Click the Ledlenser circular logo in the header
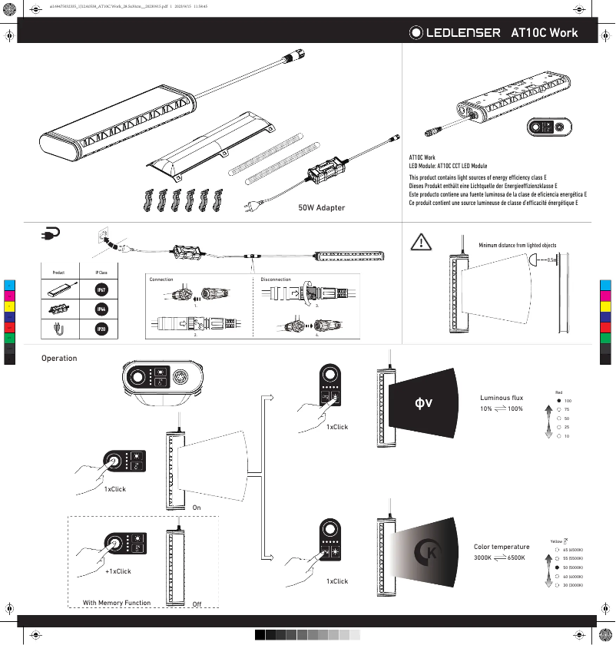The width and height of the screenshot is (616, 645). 416,33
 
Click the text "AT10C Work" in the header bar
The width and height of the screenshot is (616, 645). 544,33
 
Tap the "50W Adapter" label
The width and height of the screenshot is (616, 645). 321,207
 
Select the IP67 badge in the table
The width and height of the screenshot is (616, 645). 101,290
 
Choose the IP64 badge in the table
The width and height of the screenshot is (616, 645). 101,309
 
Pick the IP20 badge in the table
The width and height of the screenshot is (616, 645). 101,329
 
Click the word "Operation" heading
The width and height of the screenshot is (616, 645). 59,359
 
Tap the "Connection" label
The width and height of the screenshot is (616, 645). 161,279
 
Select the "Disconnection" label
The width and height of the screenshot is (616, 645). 276,279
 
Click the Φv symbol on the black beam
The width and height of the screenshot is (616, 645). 423,402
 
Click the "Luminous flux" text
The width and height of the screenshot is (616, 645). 502,398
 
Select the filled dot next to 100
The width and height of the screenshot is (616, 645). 558,401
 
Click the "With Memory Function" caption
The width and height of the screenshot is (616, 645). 117,603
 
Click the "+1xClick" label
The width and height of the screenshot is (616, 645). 118,571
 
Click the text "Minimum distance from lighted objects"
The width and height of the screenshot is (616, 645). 517,245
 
